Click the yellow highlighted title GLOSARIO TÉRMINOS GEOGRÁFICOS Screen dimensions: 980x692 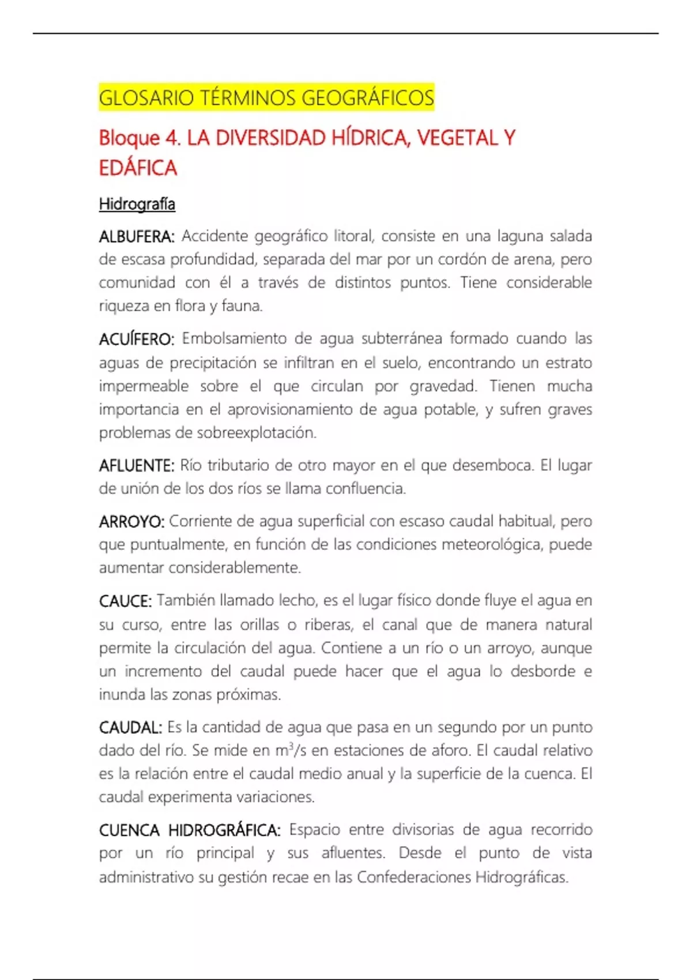coord(266,98)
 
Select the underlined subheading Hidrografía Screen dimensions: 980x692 coord(137,204)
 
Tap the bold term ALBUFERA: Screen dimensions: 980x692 coord(137,236)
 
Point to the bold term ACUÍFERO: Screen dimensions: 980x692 coord(136,339)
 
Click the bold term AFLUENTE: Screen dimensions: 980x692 coord(136,466)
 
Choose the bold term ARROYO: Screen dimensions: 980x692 coord(131,522)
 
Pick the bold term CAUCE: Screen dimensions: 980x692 coord(125,601)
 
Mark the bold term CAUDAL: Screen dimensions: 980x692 coord(130,728)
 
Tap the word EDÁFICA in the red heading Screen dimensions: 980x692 coord(138,168)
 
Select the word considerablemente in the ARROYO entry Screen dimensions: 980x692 coord(235,568)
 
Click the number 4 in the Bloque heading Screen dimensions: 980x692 coord(171,138)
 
